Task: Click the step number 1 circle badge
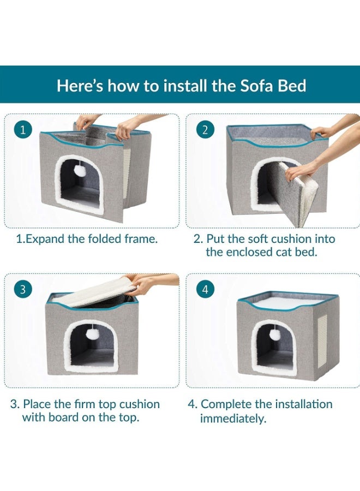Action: pos(22,130)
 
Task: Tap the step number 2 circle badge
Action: pos(205,130)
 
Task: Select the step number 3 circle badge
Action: pos(22,289)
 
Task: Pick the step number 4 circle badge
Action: pos(205,289)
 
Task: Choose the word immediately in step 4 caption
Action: pos(233,418)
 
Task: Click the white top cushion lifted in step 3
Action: pos(90,292)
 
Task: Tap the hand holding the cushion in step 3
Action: pos(145,284)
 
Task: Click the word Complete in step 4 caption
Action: pos(226,404)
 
